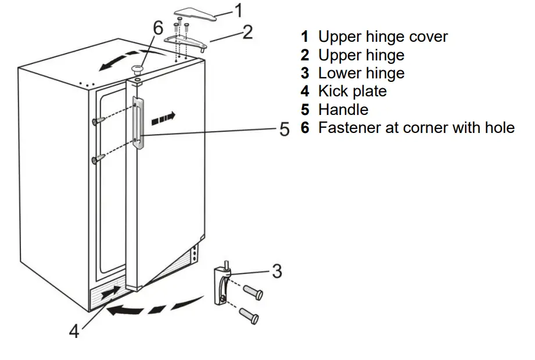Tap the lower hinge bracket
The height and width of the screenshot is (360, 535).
[x=221, y=284]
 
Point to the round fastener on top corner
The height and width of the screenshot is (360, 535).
[x=137, y=70]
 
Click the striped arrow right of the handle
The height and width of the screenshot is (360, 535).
[x=163, y=118]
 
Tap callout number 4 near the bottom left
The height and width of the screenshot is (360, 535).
[x=74, y=332]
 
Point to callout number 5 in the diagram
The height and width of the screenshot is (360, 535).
[x=284, y=129]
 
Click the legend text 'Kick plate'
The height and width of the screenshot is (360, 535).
[x=352, y=91]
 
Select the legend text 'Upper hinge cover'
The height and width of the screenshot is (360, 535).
[x=383, y=37]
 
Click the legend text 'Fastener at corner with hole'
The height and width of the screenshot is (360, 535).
[x=416, y=128]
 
